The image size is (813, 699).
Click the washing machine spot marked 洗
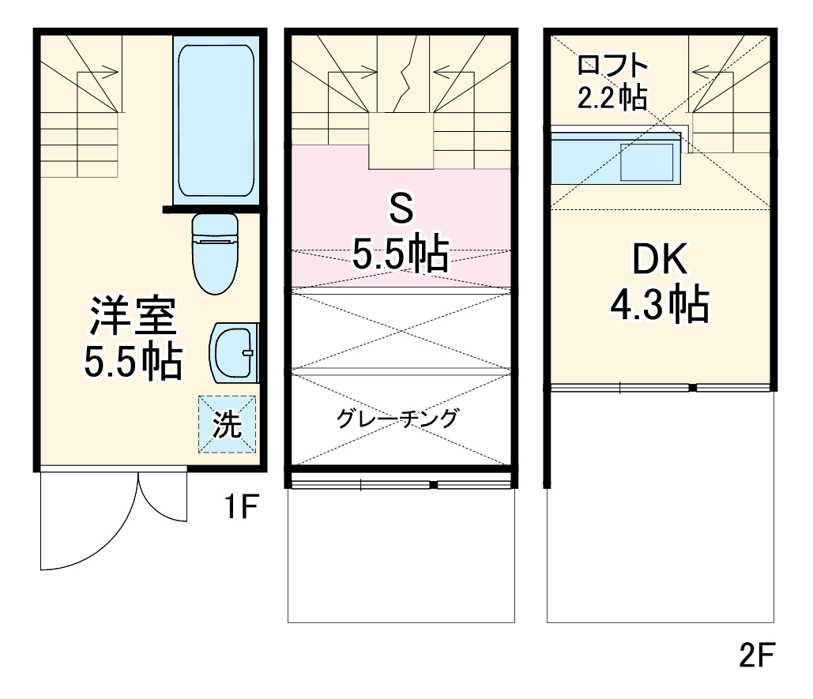point(227,425)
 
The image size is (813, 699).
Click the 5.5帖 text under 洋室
point(133,361)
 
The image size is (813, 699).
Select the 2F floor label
point(758,655)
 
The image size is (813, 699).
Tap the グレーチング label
point(397,418)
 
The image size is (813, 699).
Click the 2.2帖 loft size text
point(613,97)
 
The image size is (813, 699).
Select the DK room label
point(659,259)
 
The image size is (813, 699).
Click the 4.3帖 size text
point(659,304)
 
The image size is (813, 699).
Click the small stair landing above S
point(401,141)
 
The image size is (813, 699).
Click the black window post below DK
point(692,388)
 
